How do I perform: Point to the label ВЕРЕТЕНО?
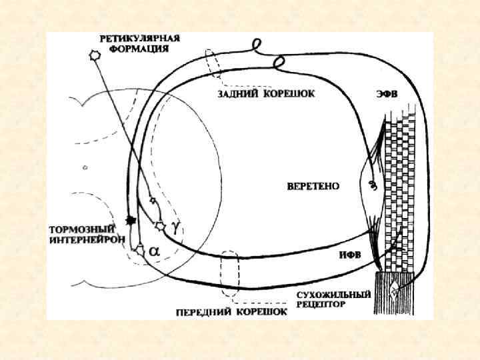[313, 186]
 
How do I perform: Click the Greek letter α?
[153, 251]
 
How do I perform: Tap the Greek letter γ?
[175, 226]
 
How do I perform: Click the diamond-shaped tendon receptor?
[396, 289]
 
